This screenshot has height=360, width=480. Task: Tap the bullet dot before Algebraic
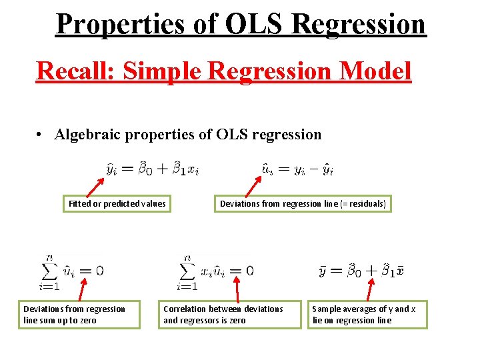pyautogui.click(x=41, y=135)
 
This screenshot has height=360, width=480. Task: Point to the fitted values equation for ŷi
pyautogui.click(x=153, y=169)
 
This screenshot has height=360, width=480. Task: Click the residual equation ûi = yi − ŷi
pyautogui.click(x=297, y=169)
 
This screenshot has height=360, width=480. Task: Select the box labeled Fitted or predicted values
pyautogui.click(x=117, y=203)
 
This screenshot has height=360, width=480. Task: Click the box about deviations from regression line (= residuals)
pyautogui.click(x=303, y=203)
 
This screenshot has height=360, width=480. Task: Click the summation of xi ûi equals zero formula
pyautogui.click(x=214, y=272)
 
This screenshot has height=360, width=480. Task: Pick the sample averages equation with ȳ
pyautogui.click(x=361, y=271)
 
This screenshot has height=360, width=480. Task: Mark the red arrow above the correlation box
pyautogui.click(x=236, y=291)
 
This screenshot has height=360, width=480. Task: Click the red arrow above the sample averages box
pyautogui.click(x=371, y=291)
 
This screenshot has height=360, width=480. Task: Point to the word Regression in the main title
pyautogui.click(x=359, y=25)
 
